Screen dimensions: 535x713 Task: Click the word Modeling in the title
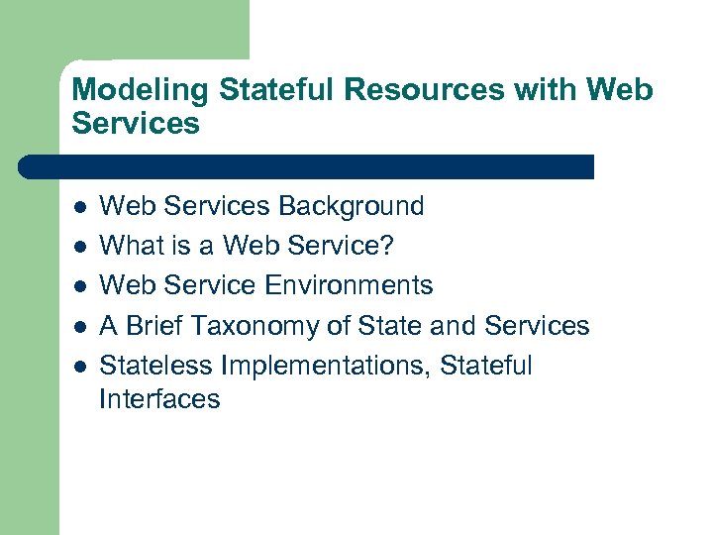pyautogui.click(x=141, y=90)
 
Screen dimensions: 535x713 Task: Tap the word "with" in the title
pyautogui.click(x=550, y=90)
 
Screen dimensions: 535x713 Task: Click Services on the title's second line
pyautogui.click(x=136, y=124)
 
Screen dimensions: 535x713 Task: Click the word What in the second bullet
pyautogui.click(x=131, y=246)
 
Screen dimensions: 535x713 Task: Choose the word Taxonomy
pyautogui.click(x=255, y=326)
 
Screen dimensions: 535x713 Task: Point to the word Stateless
pyautogui.click(x=157, y=366)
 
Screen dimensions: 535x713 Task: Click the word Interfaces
pyautogui.click(x=159, y=399)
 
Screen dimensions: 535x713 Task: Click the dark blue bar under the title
pyautogui.click(x=307, y=166)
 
